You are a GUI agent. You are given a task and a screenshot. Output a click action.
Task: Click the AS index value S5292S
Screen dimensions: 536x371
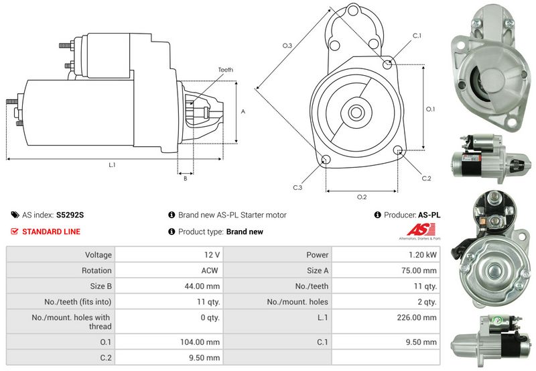[70, 215]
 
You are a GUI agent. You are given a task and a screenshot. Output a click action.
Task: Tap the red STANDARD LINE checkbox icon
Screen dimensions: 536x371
[14, 231]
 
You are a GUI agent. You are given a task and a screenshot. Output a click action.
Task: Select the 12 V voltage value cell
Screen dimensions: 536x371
[212, 255]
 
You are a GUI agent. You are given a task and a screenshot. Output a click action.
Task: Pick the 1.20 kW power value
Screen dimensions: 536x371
[423, 255]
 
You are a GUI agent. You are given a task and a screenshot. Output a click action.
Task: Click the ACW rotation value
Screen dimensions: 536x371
[210, 270]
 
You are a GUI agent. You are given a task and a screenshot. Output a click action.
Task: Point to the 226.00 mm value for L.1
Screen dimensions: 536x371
[417, 317]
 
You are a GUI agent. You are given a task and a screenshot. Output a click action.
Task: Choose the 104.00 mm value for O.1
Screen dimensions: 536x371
[200, 342]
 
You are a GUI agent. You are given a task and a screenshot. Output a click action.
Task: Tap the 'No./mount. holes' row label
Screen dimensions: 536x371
[297, 302]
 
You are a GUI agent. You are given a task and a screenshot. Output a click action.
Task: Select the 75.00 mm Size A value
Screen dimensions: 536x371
[419, 270]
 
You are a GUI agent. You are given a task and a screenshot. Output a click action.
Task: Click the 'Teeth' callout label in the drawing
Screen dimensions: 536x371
[226, 70]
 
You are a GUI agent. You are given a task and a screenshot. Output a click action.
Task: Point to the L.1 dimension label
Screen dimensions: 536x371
[112, 165]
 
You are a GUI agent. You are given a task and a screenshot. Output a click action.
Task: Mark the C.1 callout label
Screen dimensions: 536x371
[417, 36]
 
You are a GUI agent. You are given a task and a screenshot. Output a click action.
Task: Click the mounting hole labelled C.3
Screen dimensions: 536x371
[326, 160]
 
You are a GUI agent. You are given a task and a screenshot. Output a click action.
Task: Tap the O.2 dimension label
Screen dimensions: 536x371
[362, 197]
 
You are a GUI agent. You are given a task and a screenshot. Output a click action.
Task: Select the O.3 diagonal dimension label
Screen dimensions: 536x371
[287, 45]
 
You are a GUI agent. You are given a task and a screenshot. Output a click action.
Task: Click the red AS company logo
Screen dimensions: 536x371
[421, 229]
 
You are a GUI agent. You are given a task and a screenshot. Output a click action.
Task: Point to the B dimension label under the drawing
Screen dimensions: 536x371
[186, 178]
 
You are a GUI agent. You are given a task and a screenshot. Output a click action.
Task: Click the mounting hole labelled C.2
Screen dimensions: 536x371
[397, 150]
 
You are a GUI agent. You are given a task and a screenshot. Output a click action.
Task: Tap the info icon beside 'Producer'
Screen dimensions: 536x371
[377, 215]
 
